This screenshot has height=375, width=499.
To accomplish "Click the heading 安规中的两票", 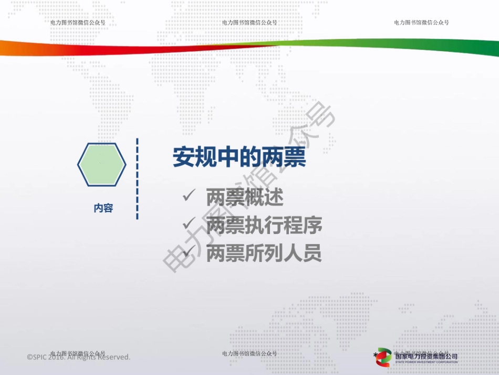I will click(x=240, y=157).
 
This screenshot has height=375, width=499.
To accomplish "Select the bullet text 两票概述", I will click(x=245, y=198).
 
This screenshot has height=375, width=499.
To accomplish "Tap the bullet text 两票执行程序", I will click(x=264, y=226).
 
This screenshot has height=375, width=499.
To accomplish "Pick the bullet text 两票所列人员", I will click(x=264, y=254).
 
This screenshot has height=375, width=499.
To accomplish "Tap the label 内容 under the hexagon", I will click(x=103, y=208).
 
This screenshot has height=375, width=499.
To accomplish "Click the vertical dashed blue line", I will click(x=137, y=179).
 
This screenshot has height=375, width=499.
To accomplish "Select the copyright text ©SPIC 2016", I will click(x=78, y=357).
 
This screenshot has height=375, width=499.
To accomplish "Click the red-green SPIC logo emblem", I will click(x=384, y=356).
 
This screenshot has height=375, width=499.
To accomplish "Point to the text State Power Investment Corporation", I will click(x=426, y=362).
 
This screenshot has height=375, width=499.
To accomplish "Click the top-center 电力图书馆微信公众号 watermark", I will click(x=250, y=23).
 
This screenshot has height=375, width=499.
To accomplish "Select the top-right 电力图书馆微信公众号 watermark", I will click(x=421, y=23).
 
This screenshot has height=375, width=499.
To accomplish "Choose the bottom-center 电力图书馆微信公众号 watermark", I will click(x=250, y=353).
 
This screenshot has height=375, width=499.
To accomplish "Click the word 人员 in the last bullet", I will click(x=303, y=254).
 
